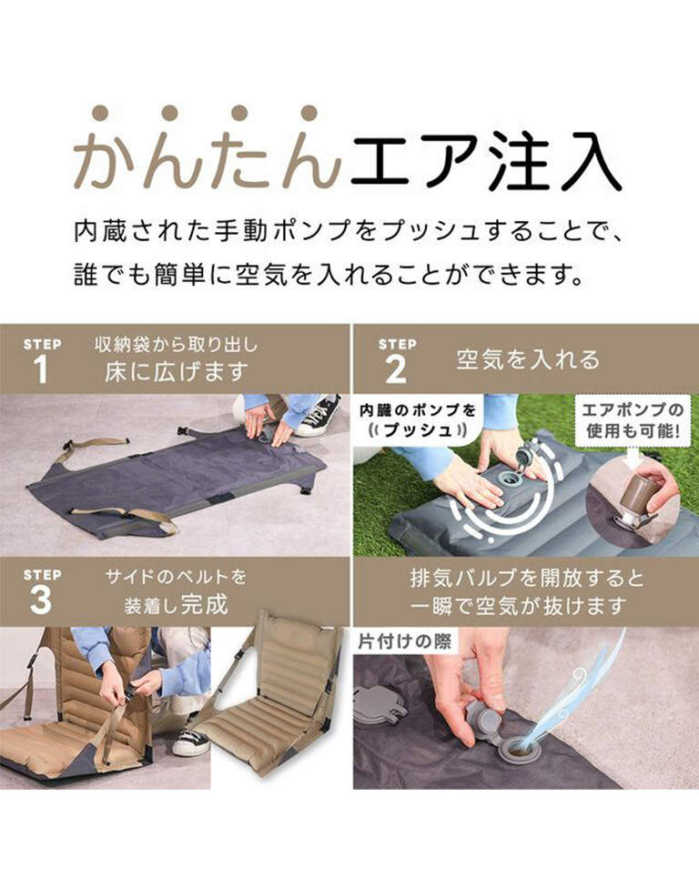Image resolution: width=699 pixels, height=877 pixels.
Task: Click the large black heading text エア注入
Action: click(x=486, y=161)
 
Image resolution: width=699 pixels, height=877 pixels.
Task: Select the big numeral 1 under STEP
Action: click(x=40, y=369)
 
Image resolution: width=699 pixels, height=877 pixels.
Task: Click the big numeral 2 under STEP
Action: click(x=396, y=369)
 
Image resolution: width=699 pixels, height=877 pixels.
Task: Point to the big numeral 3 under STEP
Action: click(x=40, y=600)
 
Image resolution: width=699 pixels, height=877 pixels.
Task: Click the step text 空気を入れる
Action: click(x=528, y=359)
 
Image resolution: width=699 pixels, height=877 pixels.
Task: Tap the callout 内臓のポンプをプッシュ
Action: click(x=417, y=420)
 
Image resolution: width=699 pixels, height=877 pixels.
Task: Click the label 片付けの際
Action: click(x=404, y=641)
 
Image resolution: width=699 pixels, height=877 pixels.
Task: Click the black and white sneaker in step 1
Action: click(x=317, y=415)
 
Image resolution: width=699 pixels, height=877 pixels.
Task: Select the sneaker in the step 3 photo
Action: click(x=189, y=741)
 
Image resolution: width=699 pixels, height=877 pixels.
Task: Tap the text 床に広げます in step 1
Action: click(x=176, y=371)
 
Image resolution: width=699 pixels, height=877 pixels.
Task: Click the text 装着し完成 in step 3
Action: click(x=176, y=605)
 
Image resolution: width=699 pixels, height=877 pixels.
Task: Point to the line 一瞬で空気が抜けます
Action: click(x=517, y=605)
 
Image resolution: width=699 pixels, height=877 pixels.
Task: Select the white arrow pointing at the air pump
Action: click(x=633, y=457)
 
